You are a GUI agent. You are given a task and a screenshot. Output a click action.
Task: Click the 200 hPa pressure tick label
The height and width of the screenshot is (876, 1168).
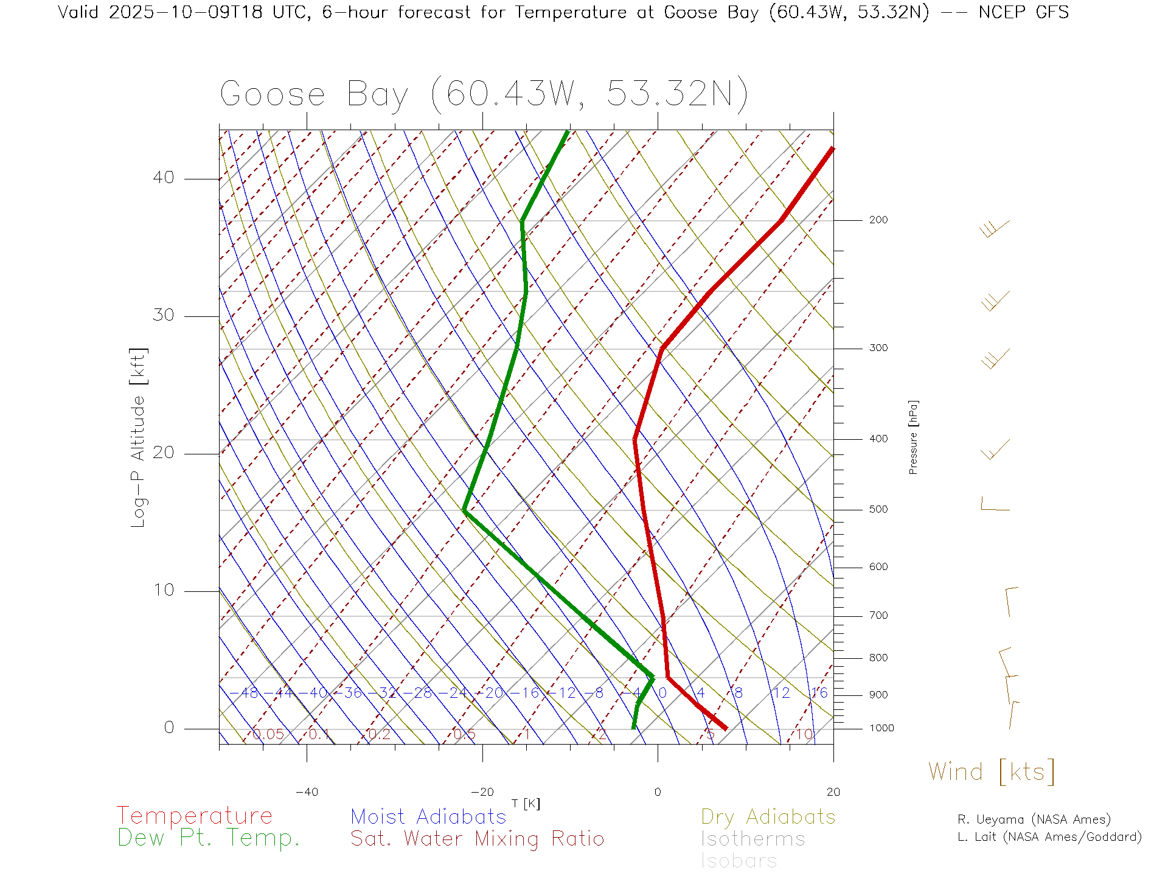(878, 220)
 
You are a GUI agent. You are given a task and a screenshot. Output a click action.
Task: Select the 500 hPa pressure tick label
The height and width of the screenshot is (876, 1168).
(878, 509)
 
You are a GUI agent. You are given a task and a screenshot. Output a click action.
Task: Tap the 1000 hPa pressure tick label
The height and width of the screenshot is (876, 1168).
(881, 728)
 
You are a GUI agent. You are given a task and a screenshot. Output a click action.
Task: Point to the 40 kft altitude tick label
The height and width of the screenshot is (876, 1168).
(163, 178)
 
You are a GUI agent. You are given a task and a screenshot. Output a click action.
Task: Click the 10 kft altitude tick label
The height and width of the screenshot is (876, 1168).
(163, 590)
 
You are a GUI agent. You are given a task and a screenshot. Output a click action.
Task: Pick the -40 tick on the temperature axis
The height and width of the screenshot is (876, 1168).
(307, 792)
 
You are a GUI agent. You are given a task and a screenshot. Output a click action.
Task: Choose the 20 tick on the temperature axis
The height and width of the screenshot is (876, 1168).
(833, 792)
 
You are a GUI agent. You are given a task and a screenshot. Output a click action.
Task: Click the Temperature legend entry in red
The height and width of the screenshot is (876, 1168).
(194, 815)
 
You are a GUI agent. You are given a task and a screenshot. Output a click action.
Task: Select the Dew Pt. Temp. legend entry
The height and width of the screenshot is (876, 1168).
(209, 838)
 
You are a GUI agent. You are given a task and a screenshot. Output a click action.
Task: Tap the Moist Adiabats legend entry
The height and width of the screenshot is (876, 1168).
(428, 816)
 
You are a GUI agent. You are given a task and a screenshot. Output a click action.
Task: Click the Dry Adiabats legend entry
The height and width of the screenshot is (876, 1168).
(768, 816)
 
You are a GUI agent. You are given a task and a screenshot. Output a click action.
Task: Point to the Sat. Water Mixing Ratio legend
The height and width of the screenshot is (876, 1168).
(477, 838)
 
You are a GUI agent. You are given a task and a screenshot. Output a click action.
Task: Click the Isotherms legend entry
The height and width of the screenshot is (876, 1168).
(753, 839)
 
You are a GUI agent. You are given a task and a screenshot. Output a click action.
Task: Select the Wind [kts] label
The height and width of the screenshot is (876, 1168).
(991, 771)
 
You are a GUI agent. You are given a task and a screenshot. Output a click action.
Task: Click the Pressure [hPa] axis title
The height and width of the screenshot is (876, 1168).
(913, 437)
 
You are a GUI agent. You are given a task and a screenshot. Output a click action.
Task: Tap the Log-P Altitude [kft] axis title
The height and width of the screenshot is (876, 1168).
(139, 437)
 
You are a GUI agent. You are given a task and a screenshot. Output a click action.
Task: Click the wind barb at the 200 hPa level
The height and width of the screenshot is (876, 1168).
(994, 229)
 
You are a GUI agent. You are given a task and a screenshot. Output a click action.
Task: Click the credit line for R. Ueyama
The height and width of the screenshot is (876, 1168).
(1034, 819)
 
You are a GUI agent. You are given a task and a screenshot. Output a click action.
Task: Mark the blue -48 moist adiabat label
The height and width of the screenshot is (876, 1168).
(245, 693)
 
